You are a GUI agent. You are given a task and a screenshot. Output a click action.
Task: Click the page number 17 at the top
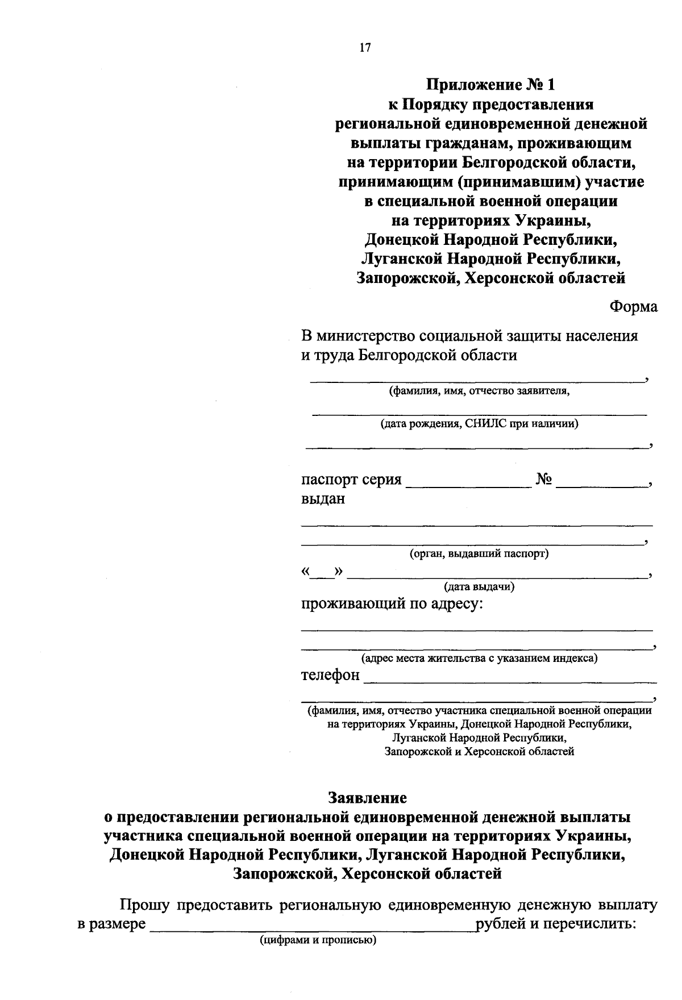(365, 48)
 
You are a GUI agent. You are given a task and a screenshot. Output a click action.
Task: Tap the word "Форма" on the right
(633, 307)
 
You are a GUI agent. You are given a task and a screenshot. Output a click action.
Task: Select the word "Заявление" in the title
(367, 798)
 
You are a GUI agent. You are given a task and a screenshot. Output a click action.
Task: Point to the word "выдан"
(323, 499)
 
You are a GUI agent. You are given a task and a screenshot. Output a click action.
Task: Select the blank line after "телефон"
(509, 678)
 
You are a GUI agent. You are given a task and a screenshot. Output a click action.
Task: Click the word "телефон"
(330, 675)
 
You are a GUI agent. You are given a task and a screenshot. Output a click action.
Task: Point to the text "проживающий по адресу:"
(392, 603)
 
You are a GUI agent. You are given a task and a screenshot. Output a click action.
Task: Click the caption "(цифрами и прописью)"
(318, 940)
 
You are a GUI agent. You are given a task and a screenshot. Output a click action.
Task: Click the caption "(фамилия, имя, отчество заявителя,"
(479, 391)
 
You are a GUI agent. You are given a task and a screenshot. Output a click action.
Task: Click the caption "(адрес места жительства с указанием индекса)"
(480, 659)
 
